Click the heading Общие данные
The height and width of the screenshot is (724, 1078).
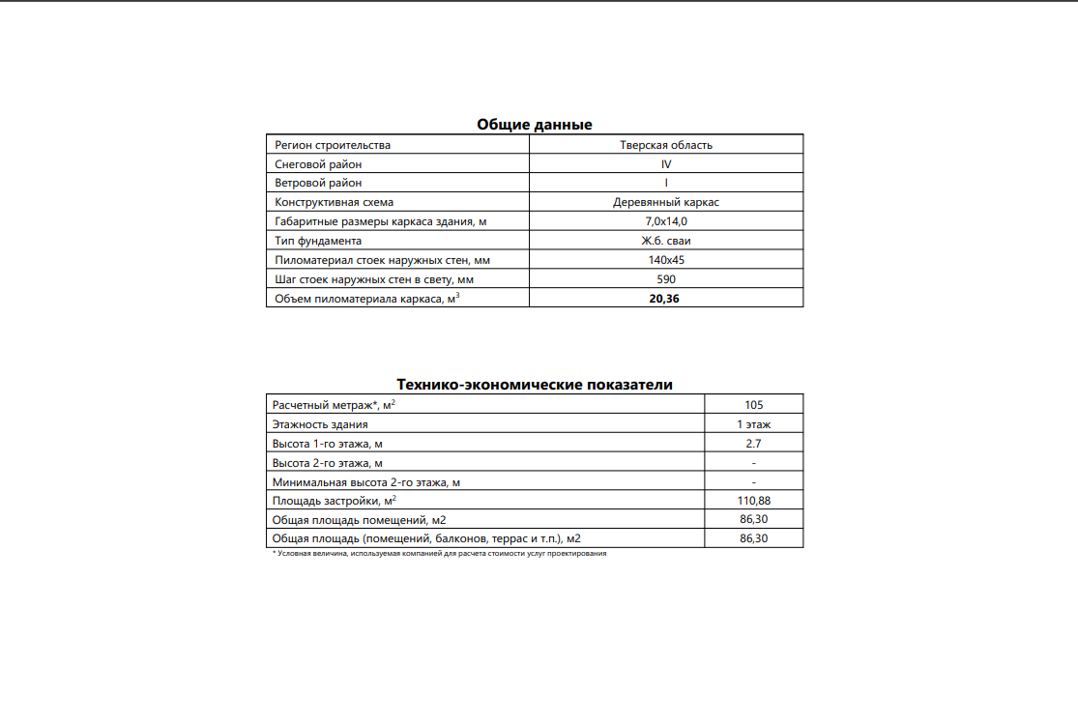pyautogui.click(x=534, y=125)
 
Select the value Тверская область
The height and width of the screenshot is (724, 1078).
pyautogui.click(x=666, y=145)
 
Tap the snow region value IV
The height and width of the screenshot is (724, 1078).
pyautogui.click(x=666, y=164)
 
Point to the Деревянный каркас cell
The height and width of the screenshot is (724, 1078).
pyautogui.click(x=666, y=203)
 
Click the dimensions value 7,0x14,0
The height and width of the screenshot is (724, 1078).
pyautogui.click(x=666, y=222)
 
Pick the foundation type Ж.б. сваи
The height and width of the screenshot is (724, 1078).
pyautogui.click(x=666, y=241)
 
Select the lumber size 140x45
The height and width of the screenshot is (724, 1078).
pyautogui.click(x=666, y=260)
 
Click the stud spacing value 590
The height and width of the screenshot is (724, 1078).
pyautogui.click(x=666, y=279)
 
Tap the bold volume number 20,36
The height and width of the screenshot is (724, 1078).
pyautogui.click(x=666, y=299)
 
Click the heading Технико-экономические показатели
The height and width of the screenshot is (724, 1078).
pyautogui.click(x=535, y=385)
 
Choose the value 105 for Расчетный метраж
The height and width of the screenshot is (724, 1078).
pyautogui.click(x=754, y=405)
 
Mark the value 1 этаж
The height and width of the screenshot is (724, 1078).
pyautogui.click(x=754, y=424)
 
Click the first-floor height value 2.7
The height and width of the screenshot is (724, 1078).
pyautogui.click(x=754, y=443)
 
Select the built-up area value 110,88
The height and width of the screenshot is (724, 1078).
pyautogui.click(x=754, y=501)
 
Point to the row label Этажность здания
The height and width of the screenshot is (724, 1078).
pyautogui.click(x=320, y=424)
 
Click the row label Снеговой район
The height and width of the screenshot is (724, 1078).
pyautogui.click(x=318, y=164)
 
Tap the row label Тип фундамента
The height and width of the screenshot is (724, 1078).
pyautogui.click(x=318, y=241)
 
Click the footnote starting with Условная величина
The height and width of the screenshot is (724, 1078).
pyautogui.click(x=440, y=553)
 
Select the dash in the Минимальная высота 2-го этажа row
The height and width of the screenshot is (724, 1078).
pyautogui.click(x=754, y=481)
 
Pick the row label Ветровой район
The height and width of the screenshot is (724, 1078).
pyautogui.click(x=318, y=184)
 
